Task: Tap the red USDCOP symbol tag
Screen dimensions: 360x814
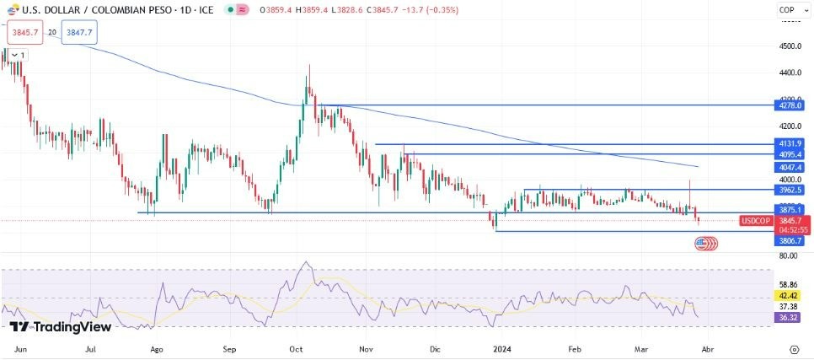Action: [x=756, y=221]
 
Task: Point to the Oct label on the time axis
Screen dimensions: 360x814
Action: [x=296, y=347]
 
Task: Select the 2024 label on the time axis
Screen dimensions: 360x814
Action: [x=503, y=347]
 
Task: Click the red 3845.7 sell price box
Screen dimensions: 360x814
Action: [x=24, y=32]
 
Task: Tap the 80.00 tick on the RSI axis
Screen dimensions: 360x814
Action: [x=790, y=255]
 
